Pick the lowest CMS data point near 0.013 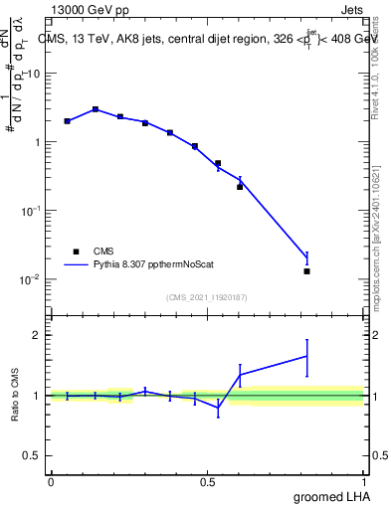tap(307, 271)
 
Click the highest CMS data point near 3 tap(96, 109)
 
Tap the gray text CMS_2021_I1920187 tap(207, 296)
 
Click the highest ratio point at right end tap(307, 355)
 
